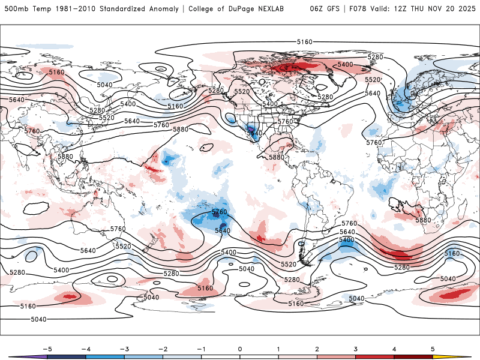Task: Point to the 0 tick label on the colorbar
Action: [239, 349]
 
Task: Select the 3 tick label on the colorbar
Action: [355, 349]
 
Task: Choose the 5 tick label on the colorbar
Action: [433, 349]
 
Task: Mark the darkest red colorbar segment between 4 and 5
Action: [414, 356]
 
